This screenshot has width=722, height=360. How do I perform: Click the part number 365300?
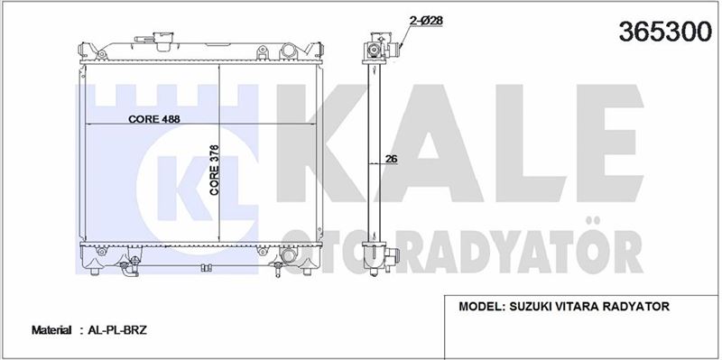[665, 32]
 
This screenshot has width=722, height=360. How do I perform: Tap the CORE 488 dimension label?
[154, 119]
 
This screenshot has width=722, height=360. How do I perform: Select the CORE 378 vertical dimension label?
[215, 171]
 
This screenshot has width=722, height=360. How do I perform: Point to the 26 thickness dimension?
[391, 160]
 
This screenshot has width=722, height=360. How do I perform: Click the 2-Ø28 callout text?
[426, 20]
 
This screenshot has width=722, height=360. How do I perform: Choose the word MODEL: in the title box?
[482, 307]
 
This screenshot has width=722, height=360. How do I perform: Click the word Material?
[51, 330]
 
